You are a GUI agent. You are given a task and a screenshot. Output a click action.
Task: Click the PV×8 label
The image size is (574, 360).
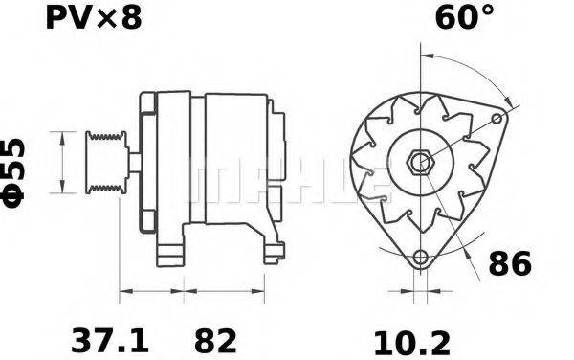point(93,17)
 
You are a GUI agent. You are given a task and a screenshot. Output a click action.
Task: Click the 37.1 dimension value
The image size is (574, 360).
point(110,339)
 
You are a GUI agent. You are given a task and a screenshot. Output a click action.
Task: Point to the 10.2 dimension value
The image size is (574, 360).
point(410,339)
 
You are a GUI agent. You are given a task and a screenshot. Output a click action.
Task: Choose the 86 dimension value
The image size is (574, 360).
point(508,263)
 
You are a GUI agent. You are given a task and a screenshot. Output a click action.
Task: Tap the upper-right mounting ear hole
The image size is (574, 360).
point(496,118)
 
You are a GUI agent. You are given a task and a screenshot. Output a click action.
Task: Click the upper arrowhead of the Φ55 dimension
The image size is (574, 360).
point(63,137)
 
